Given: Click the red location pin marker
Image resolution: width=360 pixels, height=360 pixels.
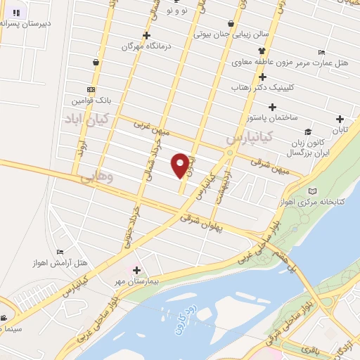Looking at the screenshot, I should point(181,165).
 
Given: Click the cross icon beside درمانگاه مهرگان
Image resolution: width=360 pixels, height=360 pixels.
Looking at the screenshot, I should point(146,36).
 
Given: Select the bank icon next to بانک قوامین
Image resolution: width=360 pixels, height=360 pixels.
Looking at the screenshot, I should point(91,89).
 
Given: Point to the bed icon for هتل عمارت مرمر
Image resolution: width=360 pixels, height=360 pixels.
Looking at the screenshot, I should point(321,52).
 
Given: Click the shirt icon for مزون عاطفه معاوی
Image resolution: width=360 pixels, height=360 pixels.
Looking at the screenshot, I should point(262,51).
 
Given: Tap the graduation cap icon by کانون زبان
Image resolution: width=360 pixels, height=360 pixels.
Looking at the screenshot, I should point(307,131).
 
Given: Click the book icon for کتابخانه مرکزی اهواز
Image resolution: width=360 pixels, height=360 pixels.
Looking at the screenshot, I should point(313,191).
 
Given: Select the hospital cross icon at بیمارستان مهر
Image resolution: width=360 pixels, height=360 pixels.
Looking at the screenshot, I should point(136,270).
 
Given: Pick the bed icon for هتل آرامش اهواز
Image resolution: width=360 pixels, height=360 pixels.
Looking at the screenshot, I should point(60,252).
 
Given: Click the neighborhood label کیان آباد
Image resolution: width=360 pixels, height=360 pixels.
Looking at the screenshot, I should point(85,118).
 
